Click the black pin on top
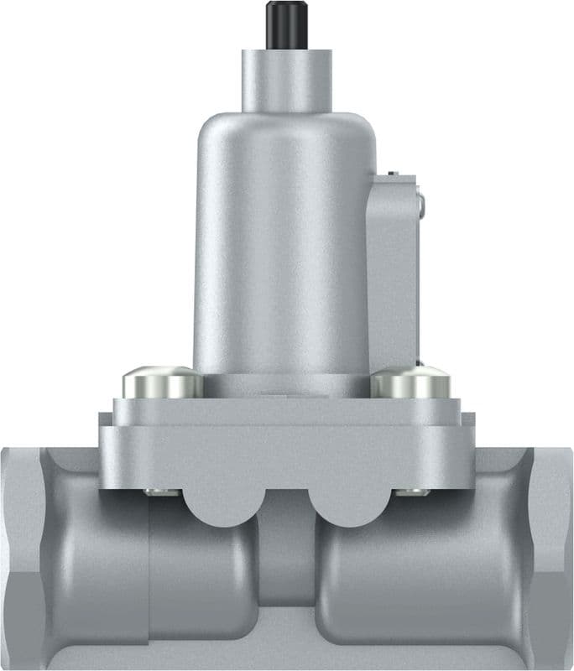[x=284, y=24]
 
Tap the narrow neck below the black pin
[x=284, y=80]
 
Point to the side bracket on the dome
[x=393, y=268]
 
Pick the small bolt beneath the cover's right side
[x=412, y=492]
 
